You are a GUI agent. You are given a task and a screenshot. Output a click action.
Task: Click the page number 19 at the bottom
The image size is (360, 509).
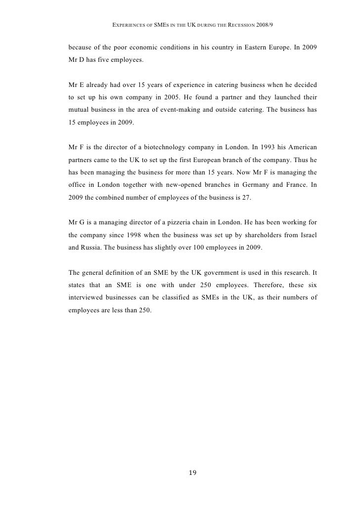(193, 473)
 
